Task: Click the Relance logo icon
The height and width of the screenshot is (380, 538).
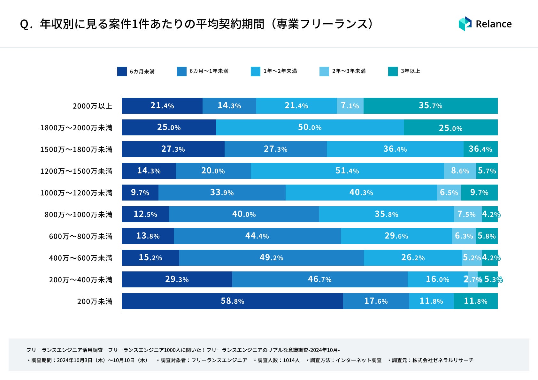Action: click(x=465, y=24)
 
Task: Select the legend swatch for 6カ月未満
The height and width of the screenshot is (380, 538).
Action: click(x=122, y=72)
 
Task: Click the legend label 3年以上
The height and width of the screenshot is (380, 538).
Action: click(x=411, y=71)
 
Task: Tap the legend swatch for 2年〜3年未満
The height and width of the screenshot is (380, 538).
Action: click(x=324, y=72)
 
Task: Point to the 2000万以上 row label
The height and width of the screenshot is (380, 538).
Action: click(x=93, y=106)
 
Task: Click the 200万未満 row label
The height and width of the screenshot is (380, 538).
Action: click(x=95, y=301)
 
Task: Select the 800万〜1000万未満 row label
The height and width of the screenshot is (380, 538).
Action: click(x=79, y=215)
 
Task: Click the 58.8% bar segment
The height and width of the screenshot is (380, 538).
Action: click(x=232, y=301)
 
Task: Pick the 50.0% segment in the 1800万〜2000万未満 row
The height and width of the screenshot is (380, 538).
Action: click(x=310, y=127)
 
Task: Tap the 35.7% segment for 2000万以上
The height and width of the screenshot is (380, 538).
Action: click(x=430, y=106)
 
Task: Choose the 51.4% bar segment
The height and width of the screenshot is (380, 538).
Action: click(x=347, y=171)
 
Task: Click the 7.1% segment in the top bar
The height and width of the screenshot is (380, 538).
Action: click(x=350, y=106)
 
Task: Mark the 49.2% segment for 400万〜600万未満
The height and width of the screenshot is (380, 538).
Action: click(x=271, y=258)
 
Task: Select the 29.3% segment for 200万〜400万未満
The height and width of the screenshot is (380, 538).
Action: click(x=177, y=279)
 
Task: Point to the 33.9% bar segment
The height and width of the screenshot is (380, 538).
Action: click(x=222, y=193)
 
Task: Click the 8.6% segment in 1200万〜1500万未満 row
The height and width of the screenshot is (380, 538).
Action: click(x=460, y=171)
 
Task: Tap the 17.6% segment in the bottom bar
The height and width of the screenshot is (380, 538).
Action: click(x=376, y=301)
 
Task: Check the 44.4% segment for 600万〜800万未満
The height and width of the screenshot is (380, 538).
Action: click(x=257, y=236)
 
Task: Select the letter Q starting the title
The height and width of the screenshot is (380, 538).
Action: click(x=24, y=24)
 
